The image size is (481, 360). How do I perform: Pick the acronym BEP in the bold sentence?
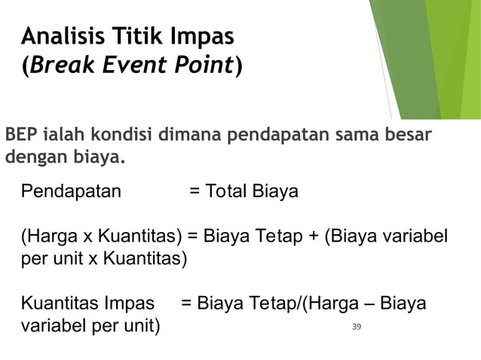coord(22,137)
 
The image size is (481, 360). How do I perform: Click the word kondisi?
coord(124,137)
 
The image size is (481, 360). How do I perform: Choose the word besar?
coord(406,137)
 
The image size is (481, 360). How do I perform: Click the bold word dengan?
coord(31,159)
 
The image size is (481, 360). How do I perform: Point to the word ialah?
coord(65,137)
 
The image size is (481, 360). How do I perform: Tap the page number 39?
coord(357,326)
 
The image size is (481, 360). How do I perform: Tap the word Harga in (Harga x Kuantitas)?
coord(49,238)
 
